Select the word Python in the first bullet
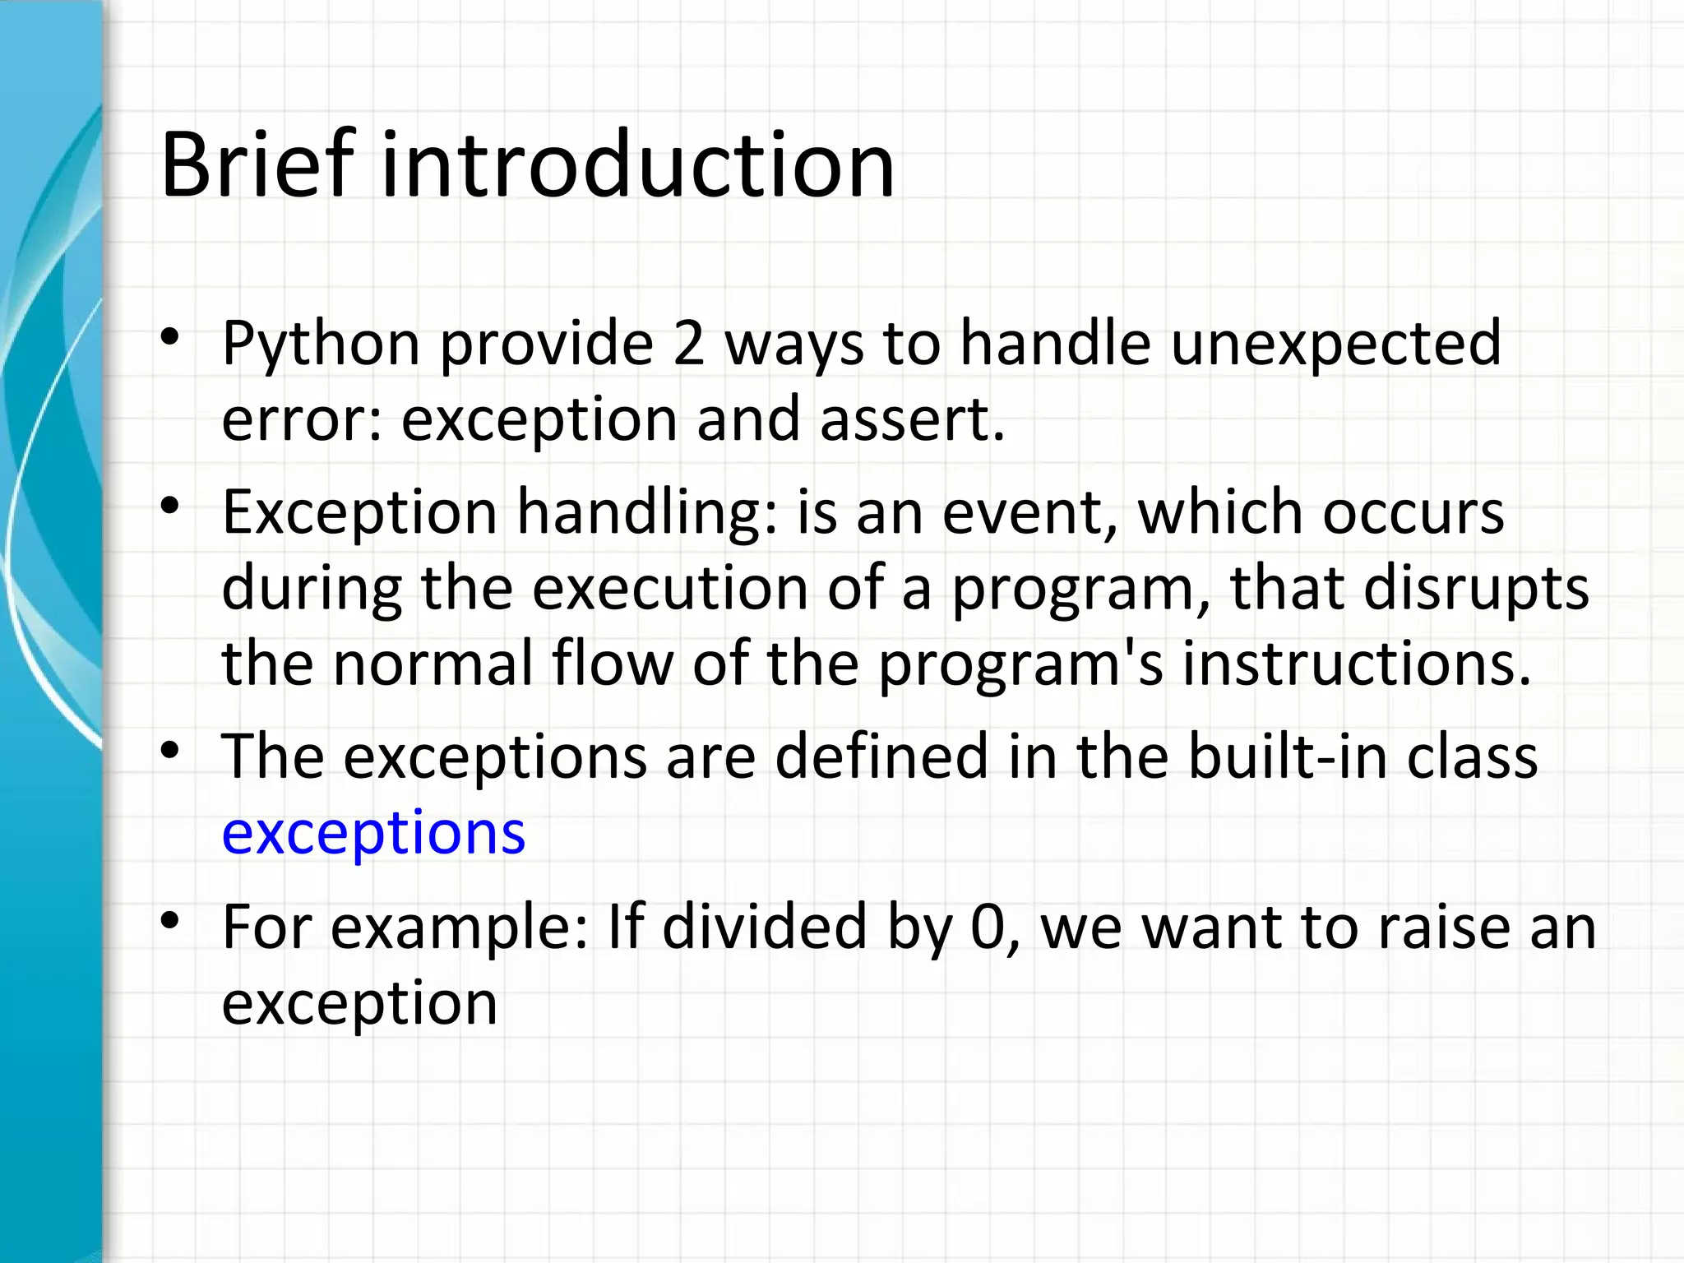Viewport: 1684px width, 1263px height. [321, 344]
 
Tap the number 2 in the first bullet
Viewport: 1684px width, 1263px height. [688, 344]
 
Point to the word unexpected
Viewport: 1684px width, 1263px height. [1335, 344]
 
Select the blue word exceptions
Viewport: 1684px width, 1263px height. [373, 832]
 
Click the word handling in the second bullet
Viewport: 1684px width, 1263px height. [645, 513]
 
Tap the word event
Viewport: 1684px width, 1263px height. [1028, 513]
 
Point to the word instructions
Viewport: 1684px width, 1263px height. [1357, 664]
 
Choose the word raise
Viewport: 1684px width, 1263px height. [1439, 928]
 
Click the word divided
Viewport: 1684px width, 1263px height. [765, 928]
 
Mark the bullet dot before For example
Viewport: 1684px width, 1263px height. [170, 921]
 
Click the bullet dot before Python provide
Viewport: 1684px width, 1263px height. [170, 337]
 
